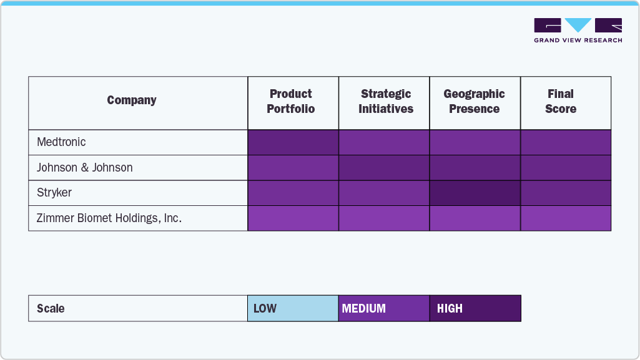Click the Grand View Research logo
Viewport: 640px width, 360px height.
point(578,30)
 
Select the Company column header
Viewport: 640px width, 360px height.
point(132,100)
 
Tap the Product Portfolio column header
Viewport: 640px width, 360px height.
point(291,102)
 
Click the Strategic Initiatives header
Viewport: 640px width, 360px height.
point(386,102)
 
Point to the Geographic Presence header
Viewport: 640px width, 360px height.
point(475,102)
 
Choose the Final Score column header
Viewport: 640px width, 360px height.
point(561,102)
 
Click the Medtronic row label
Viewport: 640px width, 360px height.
point(61,142)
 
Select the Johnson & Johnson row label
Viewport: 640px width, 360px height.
point(85,168)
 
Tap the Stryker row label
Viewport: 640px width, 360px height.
point(54,193)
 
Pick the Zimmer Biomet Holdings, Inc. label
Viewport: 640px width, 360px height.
point(109,218)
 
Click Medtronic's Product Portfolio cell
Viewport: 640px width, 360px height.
point(293,142)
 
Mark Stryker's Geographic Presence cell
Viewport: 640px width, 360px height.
point(475,193)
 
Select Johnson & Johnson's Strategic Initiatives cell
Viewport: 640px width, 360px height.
point(384,168)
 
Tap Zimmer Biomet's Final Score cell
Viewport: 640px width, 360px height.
point(566,218)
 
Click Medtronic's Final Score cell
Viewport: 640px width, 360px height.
point(566,142)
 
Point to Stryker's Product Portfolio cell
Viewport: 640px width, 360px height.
point(293,193)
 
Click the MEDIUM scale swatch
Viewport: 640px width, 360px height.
point(384,308)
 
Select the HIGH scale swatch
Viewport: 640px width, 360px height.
point(475,308)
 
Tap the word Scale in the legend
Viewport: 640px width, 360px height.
point(51,309)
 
